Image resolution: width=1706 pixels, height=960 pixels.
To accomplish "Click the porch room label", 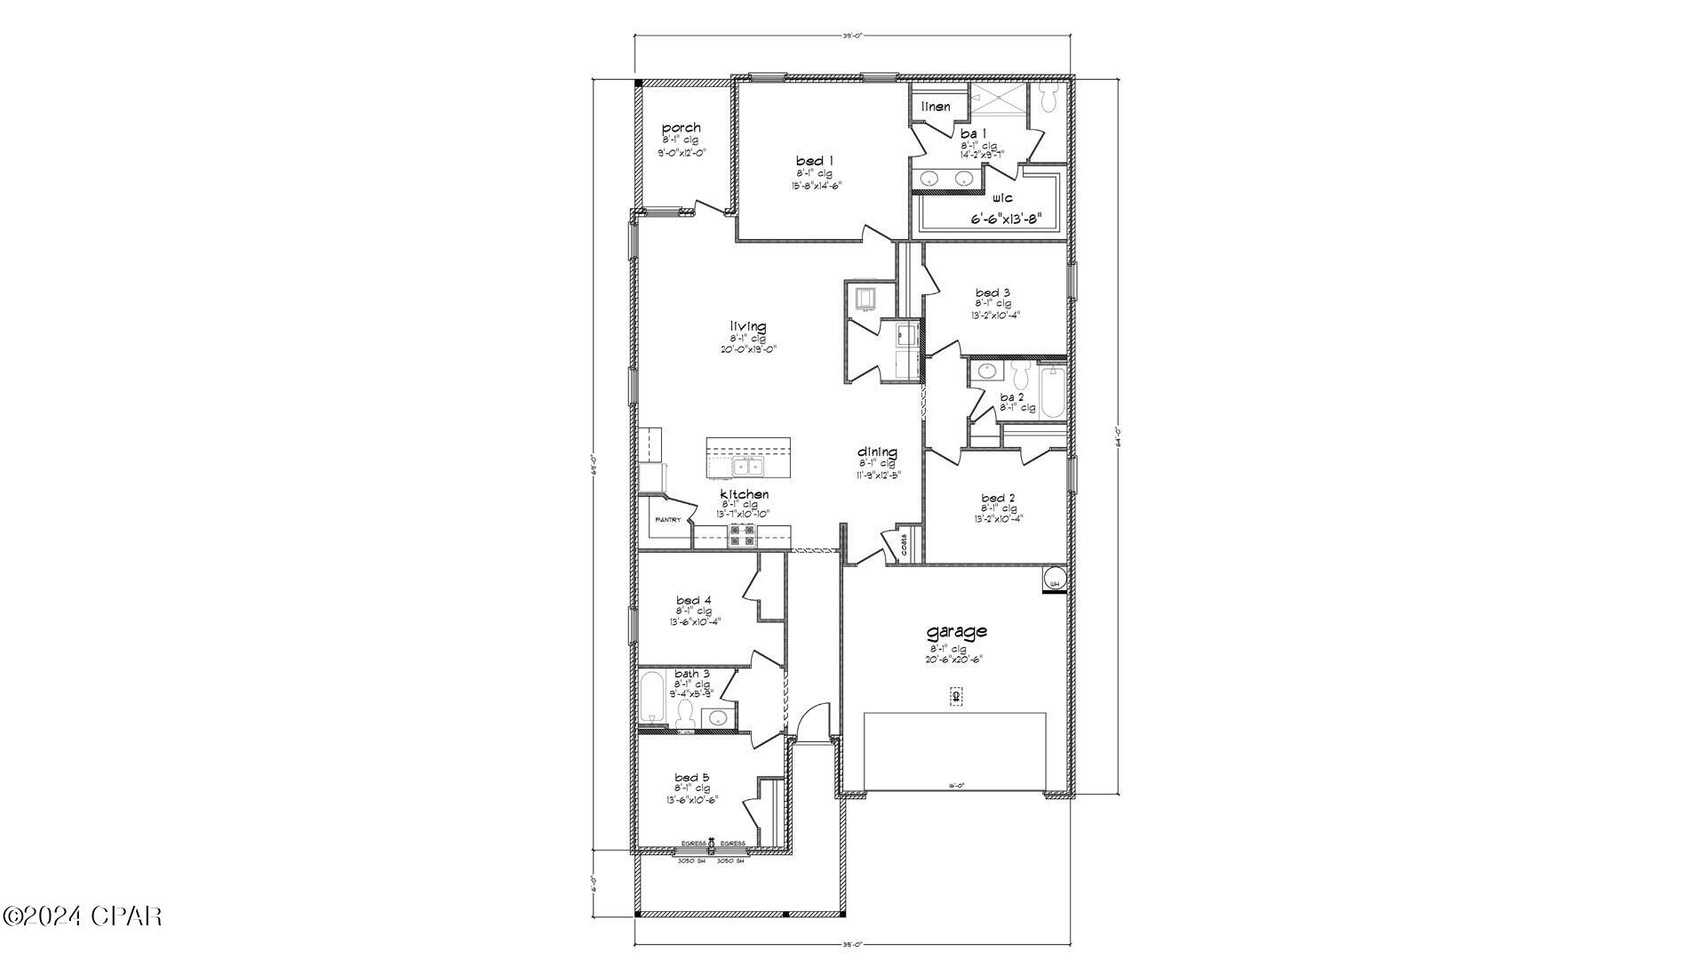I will click(x=681, y=128).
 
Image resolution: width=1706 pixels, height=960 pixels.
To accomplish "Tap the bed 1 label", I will click(x=814, y=161).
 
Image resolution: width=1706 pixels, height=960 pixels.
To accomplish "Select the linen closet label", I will click(x=936, y=107).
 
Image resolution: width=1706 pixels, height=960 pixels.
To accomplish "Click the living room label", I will click(x=748, y=327).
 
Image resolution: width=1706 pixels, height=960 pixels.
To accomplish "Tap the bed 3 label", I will click(x=993, y=292).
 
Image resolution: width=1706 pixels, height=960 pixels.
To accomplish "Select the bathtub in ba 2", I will click(x=1051, y=394).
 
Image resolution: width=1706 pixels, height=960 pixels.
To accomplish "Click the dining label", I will click(x=877, y=452).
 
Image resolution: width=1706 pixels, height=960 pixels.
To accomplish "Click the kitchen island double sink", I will click(x=747, y=466).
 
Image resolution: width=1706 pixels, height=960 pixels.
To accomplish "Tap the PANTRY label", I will click(x=667, y=520).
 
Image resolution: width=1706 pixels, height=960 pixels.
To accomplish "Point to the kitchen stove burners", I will click(x=742, y=534).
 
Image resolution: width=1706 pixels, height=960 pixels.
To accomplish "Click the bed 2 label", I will click(x=998, y=498).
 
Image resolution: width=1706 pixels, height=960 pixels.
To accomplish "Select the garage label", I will click(x=956, y=632).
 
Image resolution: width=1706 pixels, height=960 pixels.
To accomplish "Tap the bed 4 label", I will click(x=693, y=600).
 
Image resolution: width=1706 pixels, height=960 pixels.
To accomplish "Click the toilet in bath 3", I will click(x=684, y=712).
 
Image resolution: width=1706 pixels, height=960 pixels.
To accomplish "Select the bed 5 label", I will click(x=691, y=778).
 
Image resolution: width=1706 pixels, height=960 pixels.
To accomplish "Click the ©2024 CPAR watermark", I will click(x=82, y=916).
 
